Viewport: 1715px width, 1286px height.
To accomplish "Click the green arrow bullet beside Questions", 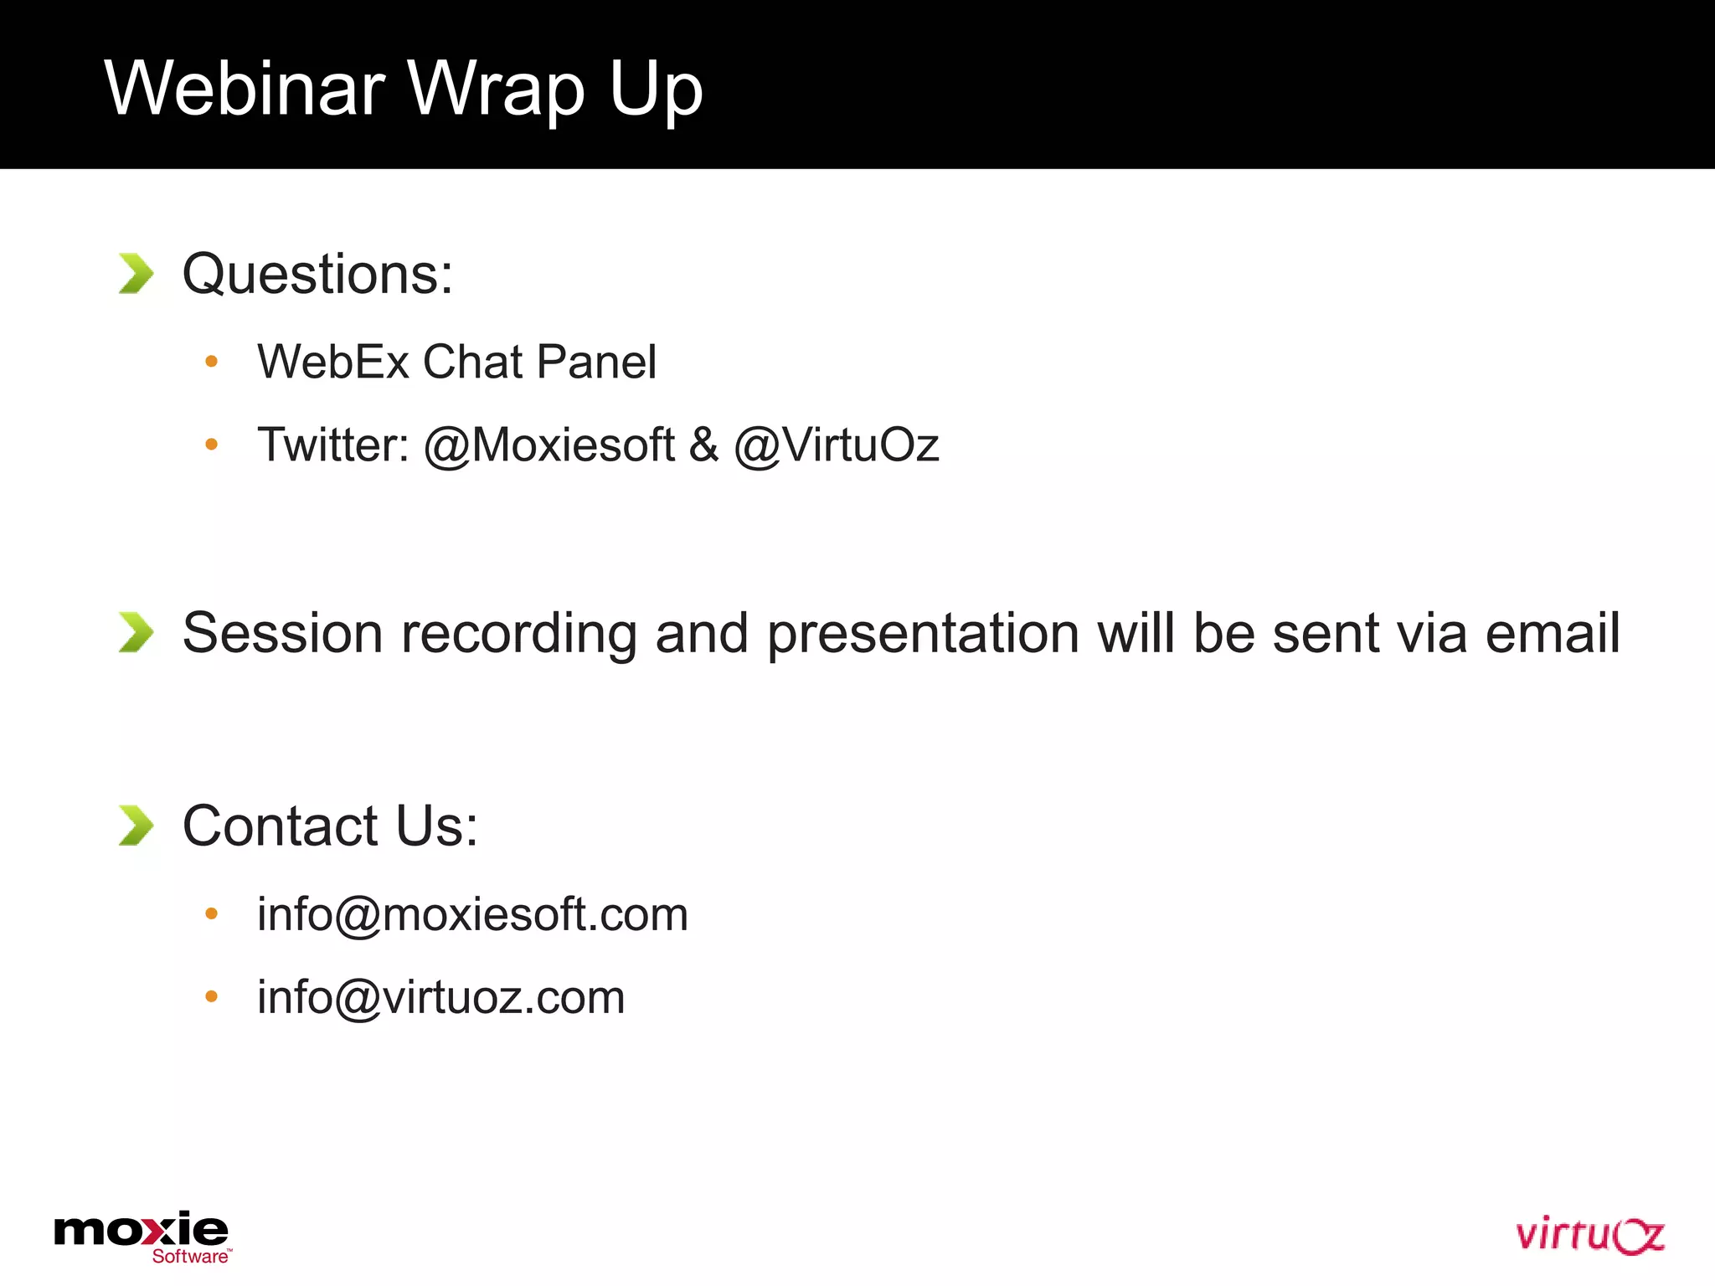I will tap(136, 274).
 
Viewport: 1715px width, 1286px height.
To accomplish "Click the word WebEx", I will tap(333, 362).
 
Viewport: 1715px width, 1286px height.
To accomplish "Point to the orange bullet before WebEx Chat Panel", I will tap(211, 362).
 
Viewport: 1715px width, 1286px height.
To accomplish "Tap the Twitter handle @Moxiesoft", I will tap(549, 445).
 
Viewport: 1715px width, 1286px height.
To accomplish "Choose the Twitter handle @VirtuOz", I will tap(837, 445).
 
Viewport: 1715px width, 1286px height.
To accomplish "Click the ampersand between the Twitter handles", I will tap(703, 445).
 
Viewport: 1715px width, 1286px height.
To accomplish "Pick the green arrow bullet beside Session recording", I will tap(136, 632).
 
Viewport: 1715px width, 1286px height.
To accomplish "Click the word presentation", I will tap(923, 634).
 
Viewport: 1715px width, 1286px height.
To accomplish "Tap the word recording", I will tap(519, 634).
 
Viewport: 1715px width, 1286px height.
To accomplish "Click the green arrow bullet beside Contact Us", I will tap(136, 826).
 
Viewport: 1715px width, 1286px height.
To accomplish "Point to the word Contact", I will tap(281, 826).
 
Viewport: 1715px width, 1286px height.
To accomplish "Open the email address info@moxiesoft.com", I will tap(472, 914).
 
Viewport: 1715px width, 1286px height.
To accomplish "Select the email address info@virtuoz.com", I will tap(440, 997).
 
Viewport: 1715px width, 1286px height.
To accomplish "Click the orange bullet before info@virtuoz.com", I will tap(211, 996).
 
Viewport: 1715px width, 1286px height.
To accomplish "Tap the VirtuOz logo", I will tap(1589, 1235).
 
